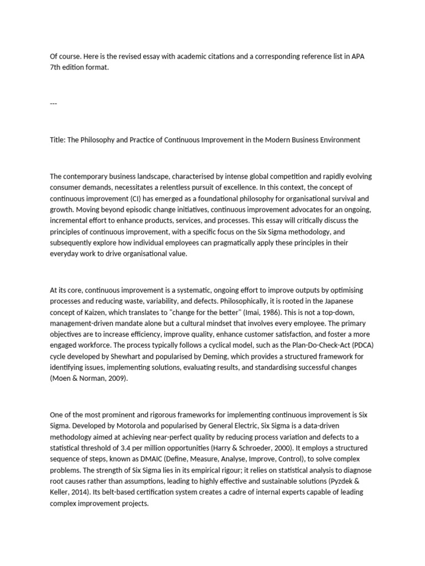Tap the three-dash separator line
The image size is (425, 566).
point(53,103)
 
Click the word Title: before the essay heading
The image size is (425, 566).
point(58,140)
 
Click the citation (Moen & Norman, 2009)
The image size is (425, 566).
point(88,379)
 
